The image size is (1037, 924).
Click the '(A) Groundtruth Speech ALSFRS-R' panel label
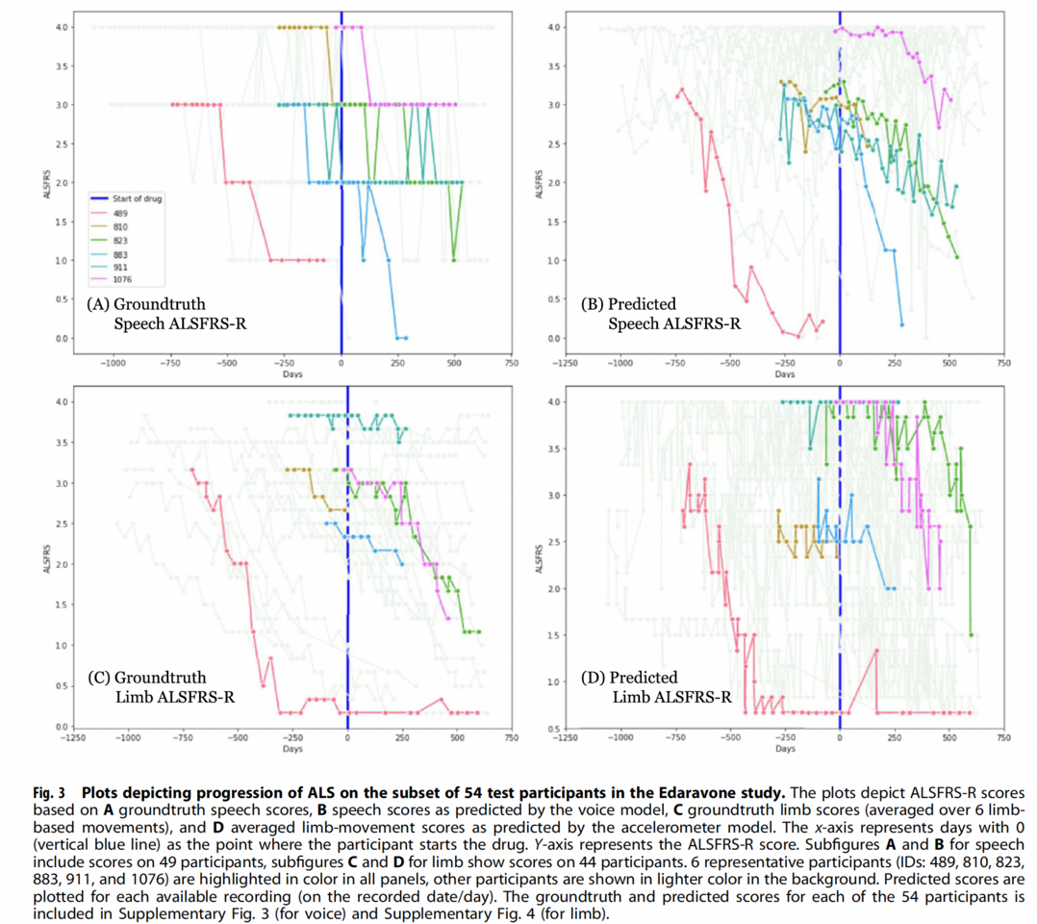coord(165,313)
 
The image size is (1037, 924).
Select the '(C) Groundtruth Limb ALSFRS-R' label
coord(162,686)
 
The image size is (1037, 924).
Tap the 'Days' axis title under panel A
coord(293,374)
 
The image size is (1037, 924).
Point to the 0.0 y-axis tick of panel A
coord(60,338)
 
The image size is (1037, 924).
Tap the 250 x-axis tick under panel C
coord(401,737)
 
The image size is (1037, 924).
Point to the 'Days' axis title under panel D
coord(785,748)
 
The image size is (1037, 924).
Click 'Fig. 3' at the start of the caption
coord(49,793)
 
